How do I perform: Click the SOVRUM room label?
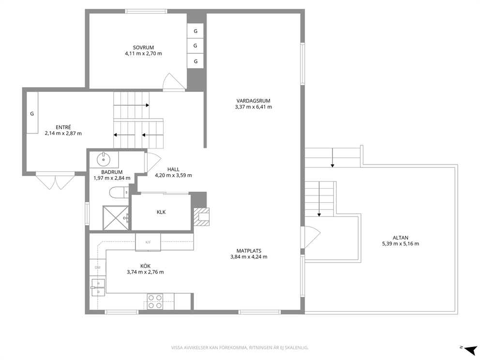(x=143, y=47)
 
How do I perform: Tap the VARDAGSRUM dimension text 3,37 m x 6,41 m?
(x=254, y=107)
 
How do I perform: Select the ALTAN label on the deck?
(x=401, y=238)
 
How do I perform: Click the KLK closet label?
(x=161, y=212)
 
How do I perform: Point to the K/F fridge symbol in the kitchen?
(x=148, y=242)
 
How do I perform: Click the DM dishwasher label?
(x=98, y=268)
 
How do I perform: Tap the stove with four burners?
(x=155, y=301)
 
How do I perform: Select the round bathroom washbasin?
(x=104, y=159)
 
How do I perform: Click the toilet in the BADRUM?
(x=119, y=192)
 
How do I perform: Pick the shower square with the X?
(x=116, y=218)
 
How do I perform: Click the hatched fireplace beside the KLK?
(x=202, y=216)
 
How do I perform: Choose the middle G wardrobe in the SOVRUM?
(x=195, y=45)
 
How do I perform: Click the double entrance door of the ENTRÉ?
(x=56, y=181)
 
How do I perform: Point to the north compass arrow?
(x=470, y=349)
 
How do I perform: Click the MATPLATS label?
(x=249, y=251)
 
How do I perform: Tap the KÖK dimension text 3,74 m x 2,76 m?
(x=145, y=272)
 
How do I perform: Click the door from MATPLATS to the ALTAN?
(x=310, y=237)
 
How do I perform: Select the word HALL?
(x=173, y=169)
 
